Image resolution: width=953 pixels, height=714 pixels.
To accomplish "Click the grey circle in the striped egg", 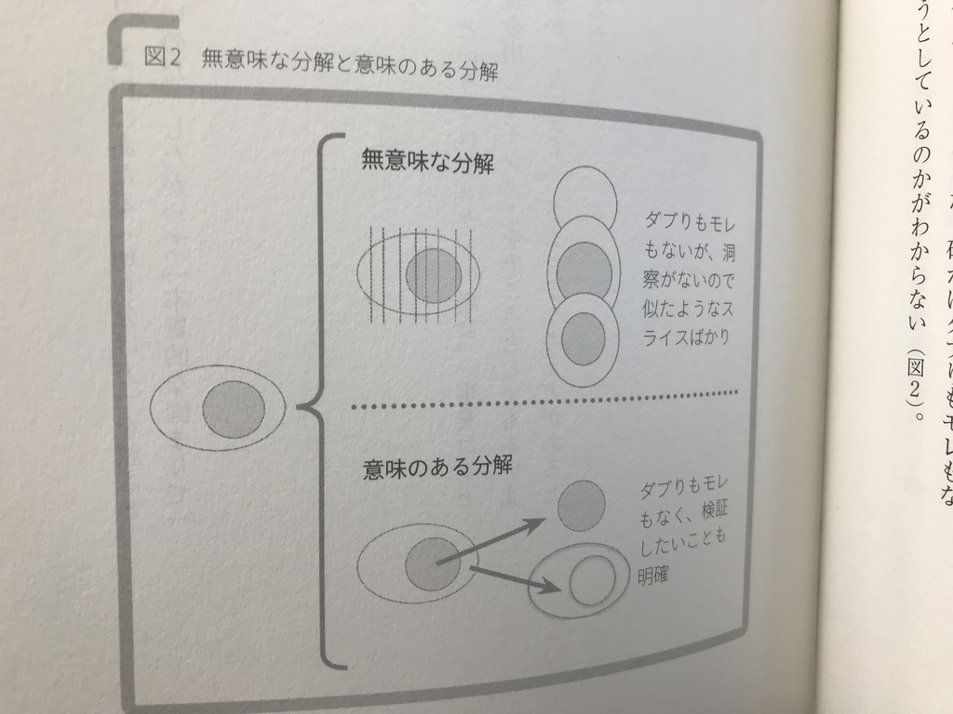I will point(434,276).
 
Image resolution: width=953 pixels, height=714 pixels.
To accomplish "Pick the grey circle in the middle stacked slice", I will point(583,269).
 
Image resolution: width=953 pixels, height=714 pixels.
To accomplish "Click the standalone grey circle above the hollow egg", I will point(581,508).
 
